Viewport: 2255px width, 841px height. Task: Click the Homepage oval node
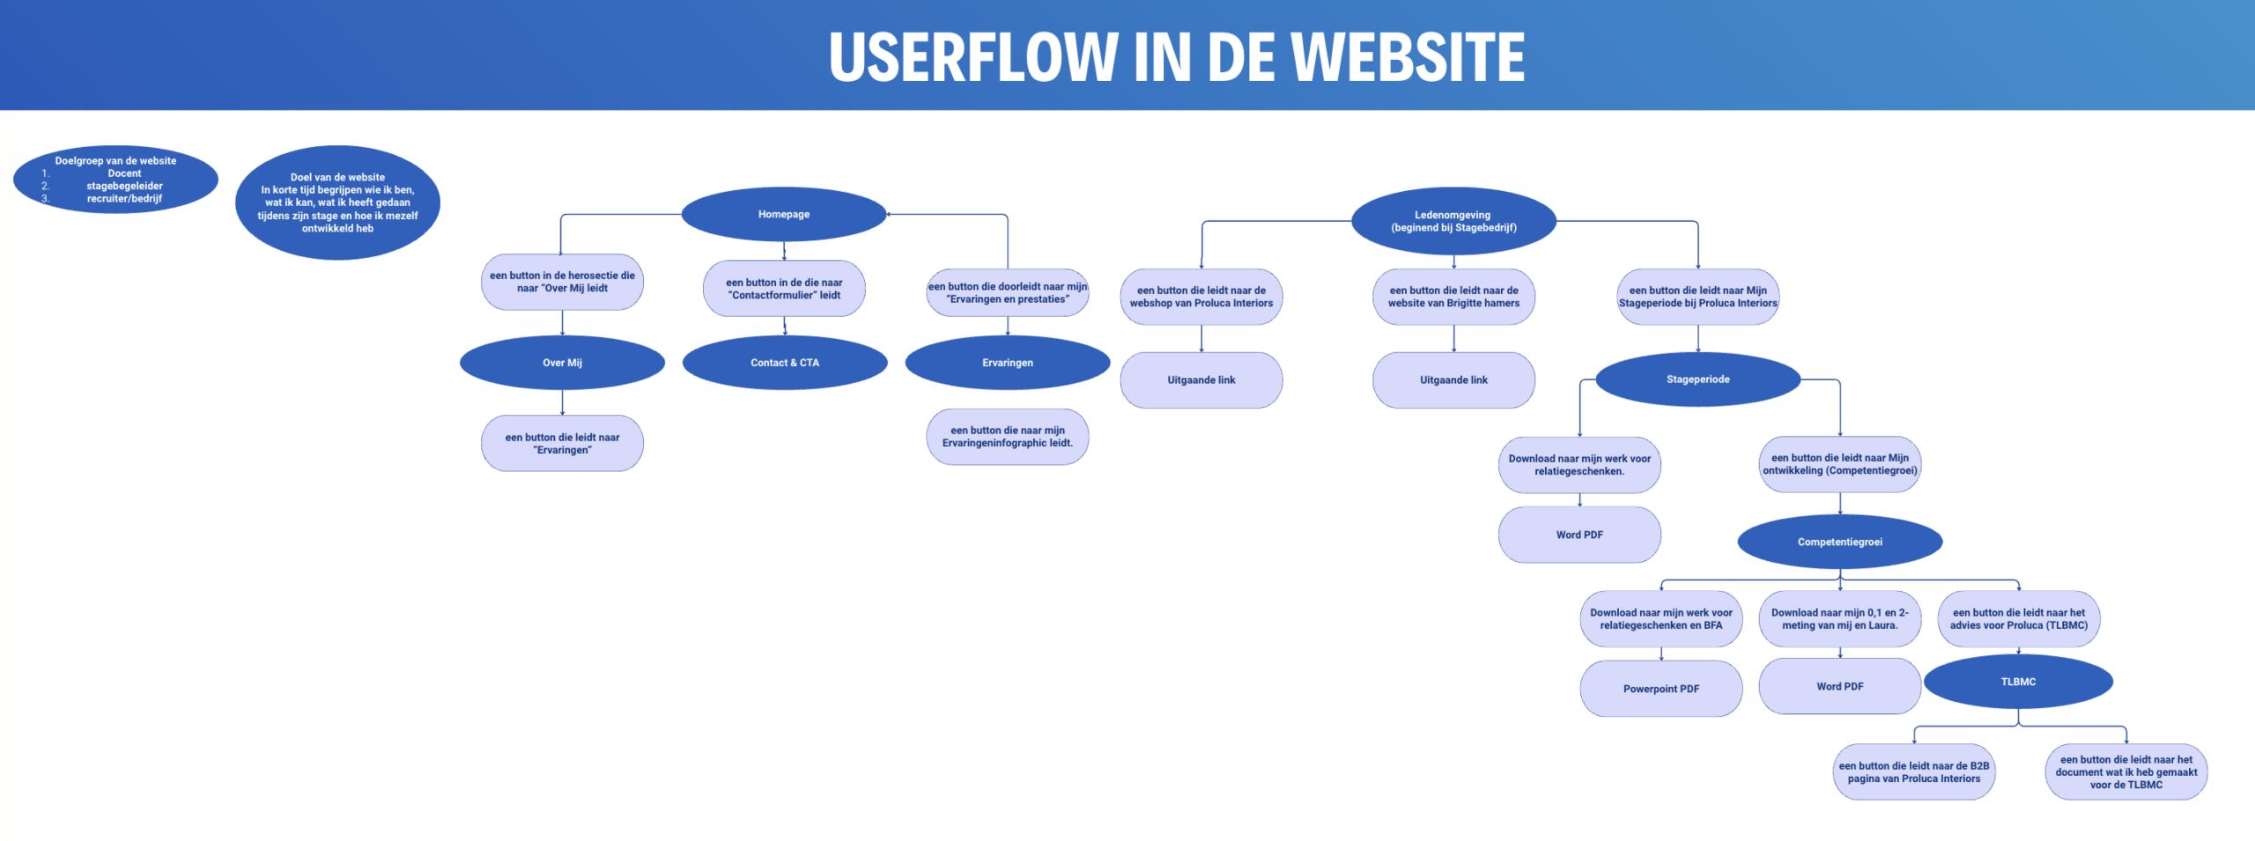click(x=783, y=214)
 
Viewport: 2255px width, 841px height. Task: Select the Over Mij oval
click(x=562, y=363)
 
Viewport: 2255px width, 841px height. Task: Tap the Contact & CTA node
click(x=784, y=363)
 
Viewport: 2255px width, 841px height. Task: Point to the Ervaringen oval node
click(x=1007, y=363)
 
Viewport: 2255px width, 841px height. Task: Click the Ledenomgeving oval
click(x=1453, y=221)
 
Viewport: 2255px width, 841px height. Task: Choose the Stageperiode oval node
click(x=1697, y=380)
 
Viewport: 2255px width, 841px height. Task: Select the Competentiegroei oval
click(x=1839, y=542)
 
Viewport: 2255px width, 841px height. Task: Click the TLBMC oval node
click(x=2018, y=682)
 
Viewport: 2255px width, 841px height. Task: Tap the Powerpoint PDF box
click(x=1660, y=689)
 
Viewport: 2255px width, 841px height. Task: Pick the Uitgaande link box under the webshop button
click(x=1201, y=380)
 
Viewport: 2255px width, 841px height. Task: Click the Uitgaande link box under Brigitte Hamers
click(x=1453, y=380)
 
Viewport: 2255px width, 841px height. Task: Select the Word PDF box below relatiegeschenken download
click(x=1579, y=535)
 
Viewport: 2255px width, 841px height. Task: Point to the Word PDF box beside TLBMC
click(x=1839, y=686)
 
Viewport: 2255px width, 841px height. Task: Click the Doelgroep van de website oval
click(x=115, y=180)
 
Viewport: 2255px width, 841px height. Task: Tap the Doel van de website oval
click(x=337, y=203)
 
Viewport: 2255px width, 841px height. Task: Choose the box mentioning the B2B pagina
click(x=1913, y=772)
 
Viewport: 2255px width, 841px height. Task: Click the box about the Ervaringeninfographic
click(x=1007, y=437)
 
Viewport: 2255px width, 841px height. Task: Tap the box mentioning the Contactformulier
click(x=784, y=289)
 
